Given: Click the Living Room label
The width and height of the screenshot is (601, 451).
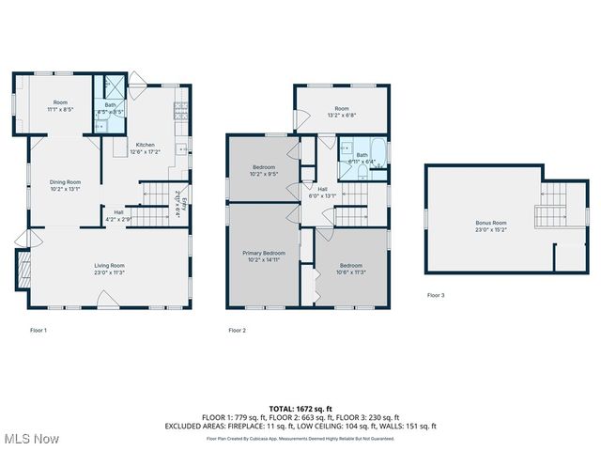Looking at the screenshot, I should click(110, 266).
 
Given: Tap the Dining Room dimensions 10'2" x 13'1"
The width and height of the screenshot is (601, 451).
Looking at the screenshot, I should click(66, 189).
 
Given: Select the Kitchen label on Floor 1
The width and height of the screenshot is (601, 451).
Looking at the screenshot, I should click(145, 145).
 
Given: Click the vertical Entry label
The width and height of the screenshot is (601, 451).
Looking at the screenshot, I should click(185, 206).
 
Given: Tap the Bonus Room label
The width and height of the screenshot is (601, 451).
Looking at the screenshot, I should click(490, 223).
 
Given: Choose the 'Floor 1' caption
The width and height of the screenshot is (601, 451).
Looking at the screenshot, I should click(39, 330).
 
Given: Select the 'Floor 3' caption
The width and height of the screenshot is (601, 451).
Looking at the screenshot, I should click(436, 295).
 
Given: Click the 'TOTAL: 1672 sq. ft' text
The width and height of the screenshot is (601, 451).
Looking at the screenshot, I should click(300, 409).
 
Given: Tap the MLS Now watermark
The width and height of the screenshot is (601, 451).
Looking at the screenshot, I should click(31, 439).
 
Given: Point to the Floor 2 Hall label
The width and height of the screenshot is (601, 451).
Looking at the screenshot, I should click(323, 189).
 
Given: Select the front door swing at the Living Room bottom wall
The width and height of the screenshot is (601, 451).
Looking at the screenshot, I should click(106, 301).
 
